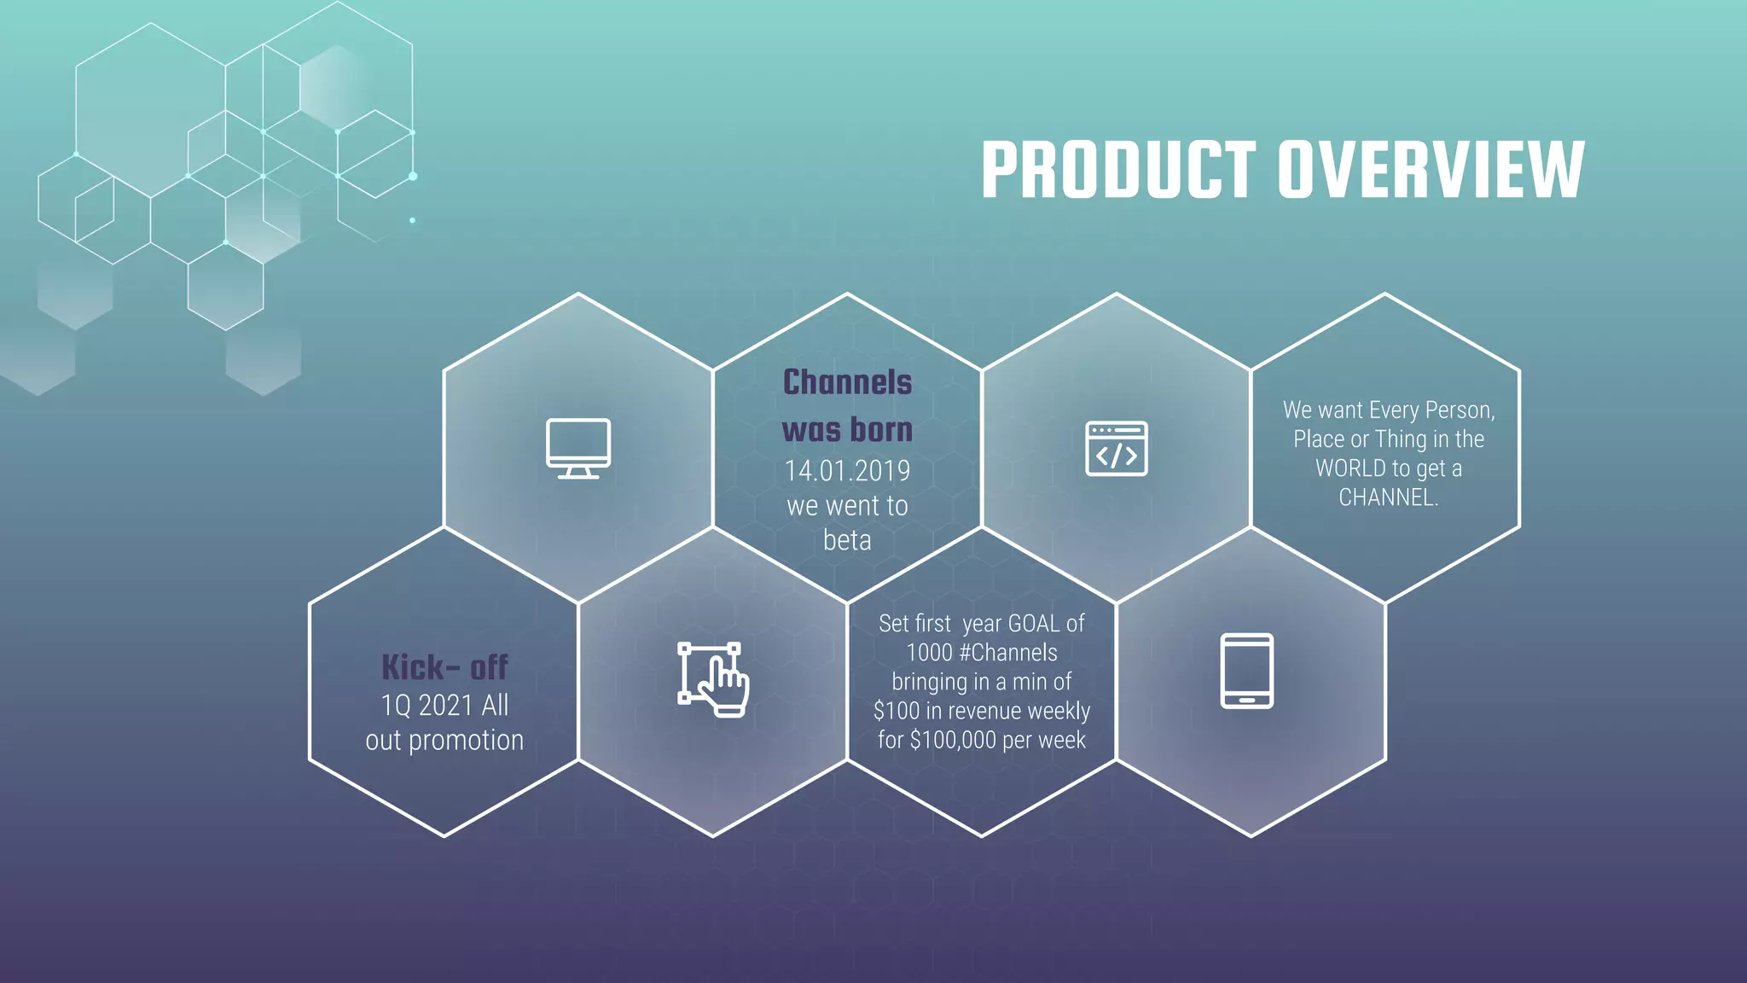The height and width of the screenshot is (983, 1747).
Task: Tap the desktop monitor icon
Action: pyautogui.click(x=578, y=448)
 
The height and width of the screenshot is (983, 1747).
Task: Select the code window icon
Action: pyautogui.click(x=1116, y=448)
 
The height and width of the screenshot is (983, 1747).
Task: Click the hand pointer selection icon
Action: pyautogui.click(x=713, y=679)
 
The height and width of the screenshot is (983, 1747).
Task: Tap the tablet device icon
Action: pyautogui.click(x=1246, y=671)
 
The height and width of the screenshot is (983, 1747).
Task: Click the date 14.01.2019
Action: pyautogui.click(x=847, y=471)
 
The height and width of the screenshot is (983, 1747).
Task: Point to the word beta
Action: pyautogui.click(x=847, y=540)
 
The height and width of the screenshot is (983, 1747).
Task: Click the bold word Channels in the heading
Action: pyautogui.click(x=847, y=382)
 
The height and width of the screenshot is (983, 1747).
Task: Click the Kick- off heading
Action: pyautogui.click(x=444, y=667)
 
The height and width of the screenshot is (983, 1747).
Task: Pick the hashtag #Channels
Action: pyautogui.click(x=1007, y=653)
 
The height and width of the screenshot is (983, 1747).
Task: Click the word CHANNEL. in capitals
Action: pyautogui.click(x=1388, y=497)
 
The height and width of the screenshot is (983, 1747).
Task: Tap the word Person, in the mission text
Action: pyautogui.click(x=1460, y=410)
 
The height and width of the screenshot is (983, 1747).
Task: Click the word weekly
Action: pyautogui.click(x=1059, y=711)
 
